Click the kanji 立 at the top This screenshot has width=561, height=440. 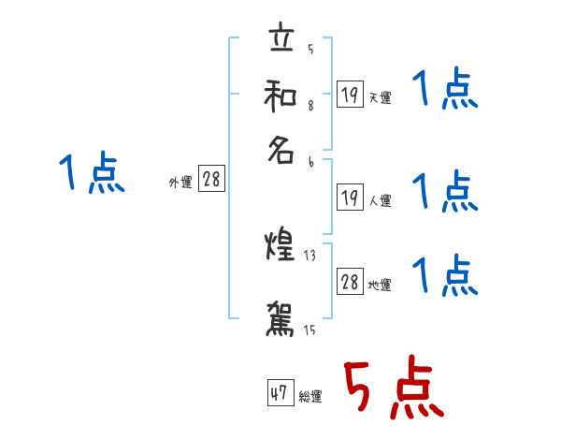coord(280,40)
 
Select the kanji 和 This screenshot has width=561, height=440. coord(280,95)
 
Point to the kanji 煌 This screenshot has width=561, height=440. coord(280,248)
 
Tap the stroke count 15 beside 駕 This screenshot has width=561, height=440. coord(310,330)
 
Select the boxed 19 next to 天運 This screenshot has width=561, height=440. coord(350,94)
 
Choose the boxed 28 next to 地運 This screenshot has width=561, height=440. coord(350,282)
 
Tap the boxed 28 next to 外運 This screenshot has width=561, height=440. coord(212,181)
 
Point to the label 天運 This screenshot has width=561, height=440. coord(380,97)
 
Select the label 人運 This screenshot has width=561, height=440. coord(380,199)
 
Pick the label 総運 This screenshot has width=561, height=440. coord(309,397)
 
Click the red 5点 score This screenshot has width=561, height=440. coord(391,389)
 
